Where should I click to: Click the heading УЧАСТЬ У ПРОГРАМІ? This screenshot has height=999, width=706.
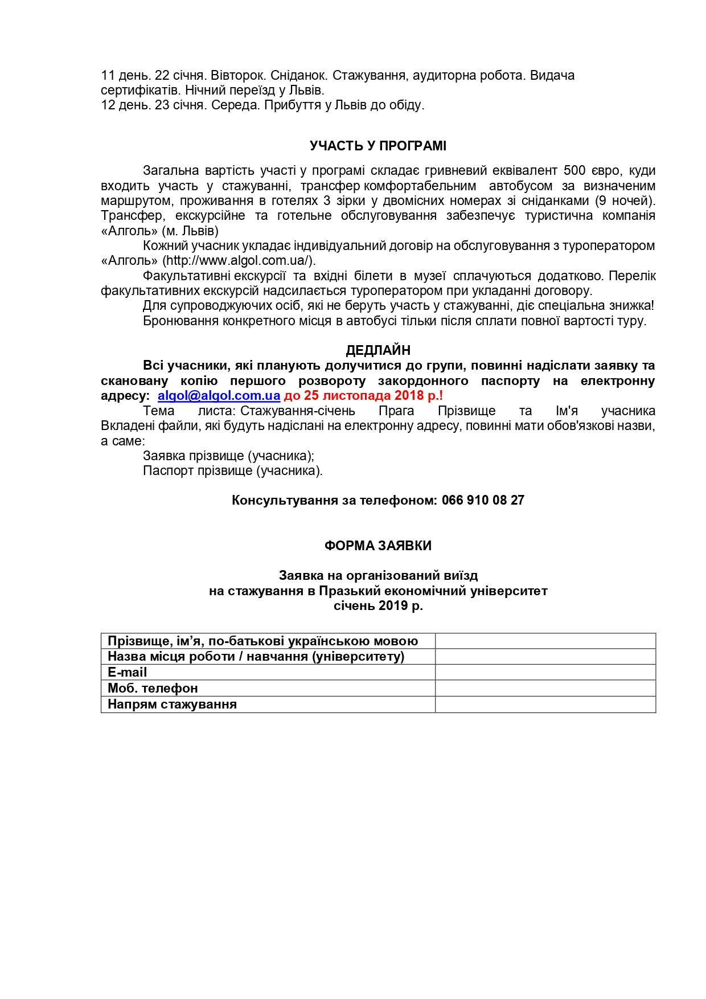pyautogui.click(x=377, y=146)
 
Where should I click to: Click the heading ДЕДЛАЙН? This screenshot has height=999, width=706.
pyautogui.click(x=377, y=350)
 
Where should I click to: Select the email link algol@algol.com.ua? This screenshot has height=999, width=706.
pyautogui.click(x=219, y=395)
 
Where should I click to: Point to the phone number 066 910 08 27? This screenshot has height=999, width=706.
pyautogui.click(x=483, y=500)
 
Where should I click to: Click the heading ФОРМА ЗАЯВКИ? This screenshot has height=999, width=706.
pyautogui.click(x=377, y=546)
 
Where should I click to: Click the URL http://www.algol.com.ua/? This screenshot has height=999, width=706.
pyautogui.click(x=239, y=260)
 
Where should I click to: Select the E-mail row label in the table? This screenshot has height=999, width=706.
pyautogui.click(x=128, y=672)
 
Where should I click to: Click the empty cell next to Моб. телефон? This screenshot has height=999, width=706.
pyautogui.click(x=545, y=688)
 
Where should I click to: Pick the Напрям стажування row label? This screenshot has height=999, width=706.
pyautogui.click(x=172, y=704)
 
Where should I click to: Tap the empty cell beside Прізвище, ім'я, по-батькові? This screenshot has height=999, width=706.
pyautogui.click(x=545, y=641)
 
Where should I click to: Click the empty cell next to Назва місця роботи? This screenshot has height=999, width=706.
pyautogui.click(x=545, y=656)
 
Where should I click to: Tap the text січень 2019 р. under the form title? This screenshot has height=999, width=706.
pyautogui.click(x=378, y=605)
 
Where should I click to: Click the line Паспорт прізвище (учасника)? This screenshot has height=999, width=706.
pyautogui.click(x=232, y=470)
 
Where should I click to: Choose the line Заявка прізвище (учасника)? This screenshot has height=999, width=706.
pyautogui.click(x=228, y=456)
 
